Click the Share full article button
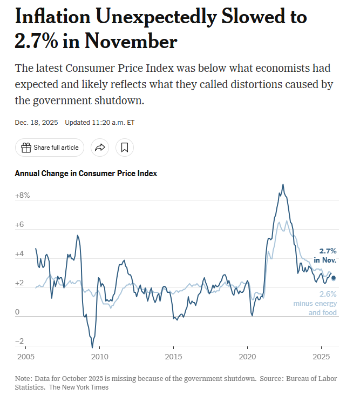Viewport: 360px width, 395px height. point(50,147)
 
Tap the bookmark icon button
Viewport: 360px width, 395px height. point(124,147)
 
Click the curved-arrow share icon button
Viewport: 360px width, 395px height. point(100,147)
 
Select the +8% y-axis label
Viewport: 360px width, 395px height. point(23,195)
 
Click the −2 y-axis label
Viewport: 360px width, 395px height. point(20,341)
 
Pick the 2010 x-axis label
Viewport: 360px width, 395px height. point(99,357)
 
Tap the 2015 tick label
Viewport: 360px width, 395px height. point(173,357)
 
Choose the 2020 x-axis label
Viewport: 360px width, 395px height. point(247,357)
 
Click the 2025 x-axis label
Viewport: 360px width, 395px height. point(321,357)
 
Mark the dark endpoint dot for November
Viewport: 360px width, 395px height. point(333,278)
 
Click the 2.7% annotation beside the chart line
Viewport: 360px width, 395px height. point(328,251)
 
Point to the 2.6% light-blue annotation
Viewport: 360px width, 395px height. point(328,294)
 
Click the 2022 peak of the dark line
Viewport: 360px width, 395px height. point(283,185)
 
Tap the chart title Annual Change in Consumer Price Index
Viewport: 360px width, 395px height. point(86,173)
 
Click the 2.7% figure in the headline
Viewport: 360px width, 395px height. point(38,42)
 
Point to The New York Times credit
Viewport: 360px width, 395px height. point(79,387)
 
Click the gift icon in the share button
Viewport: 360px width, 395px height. point(26,147)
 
